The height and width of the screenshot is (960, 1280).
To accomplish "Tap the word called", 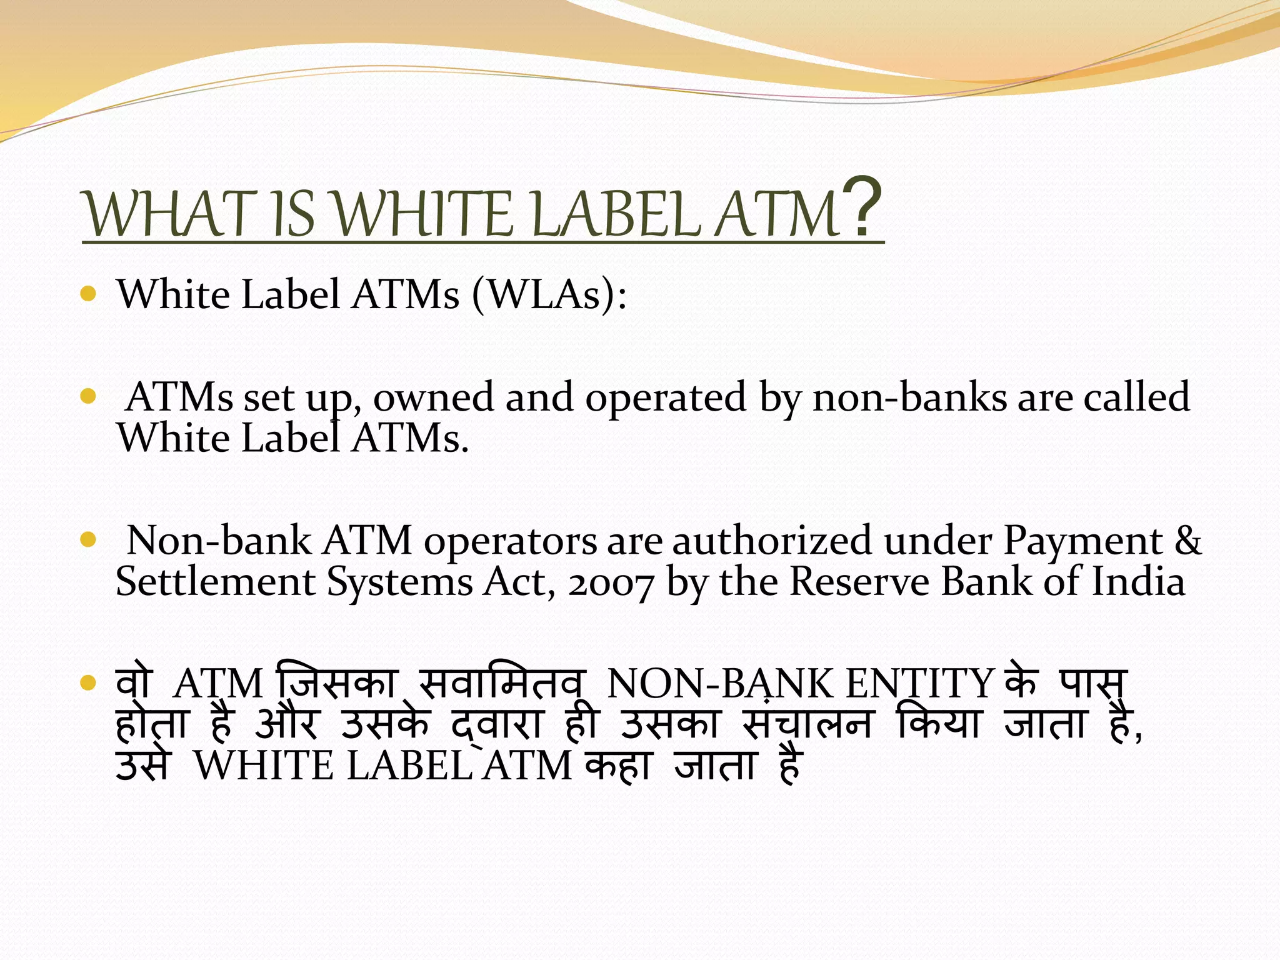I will click(1136, 397).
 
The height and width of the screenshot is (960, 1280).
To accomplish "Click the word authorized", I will click(771, 540).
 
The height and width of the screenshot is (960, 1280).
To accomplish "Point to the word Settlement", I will click(216, 581).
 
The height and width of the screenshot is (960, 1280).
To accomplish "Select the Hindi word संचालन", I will click(807, 724).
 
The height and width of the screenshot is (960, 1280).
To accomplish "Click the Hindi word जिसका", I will click(338, 682).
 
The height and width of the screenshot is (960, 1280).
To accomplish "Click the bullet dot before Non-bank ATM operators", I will click(88, 539).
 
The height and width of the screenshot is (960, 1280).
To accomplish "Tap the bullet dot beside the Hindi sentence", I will click(88, 683).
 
